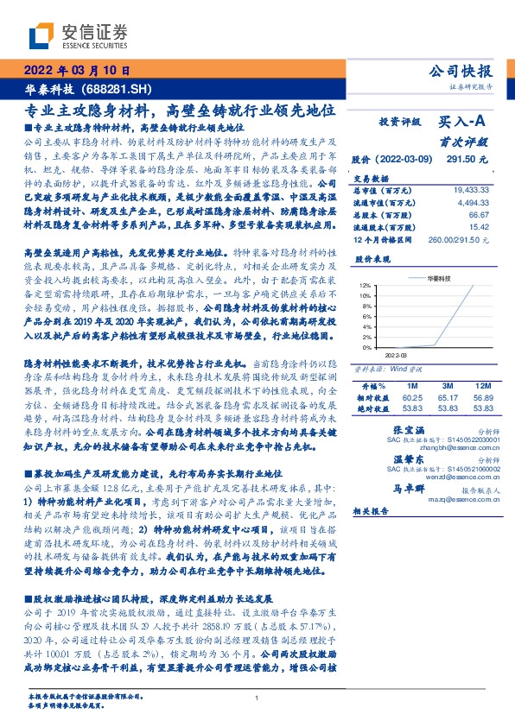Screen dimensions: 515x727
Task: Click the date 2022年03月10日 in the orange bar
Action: [75, 71]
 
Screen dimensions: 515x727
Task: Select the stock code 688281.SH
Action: [115, 90]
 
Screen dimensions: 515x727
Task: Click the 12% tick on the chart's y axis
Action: [366, 285]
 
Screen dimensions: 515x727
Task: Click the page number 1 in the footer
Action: [257, 699]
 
